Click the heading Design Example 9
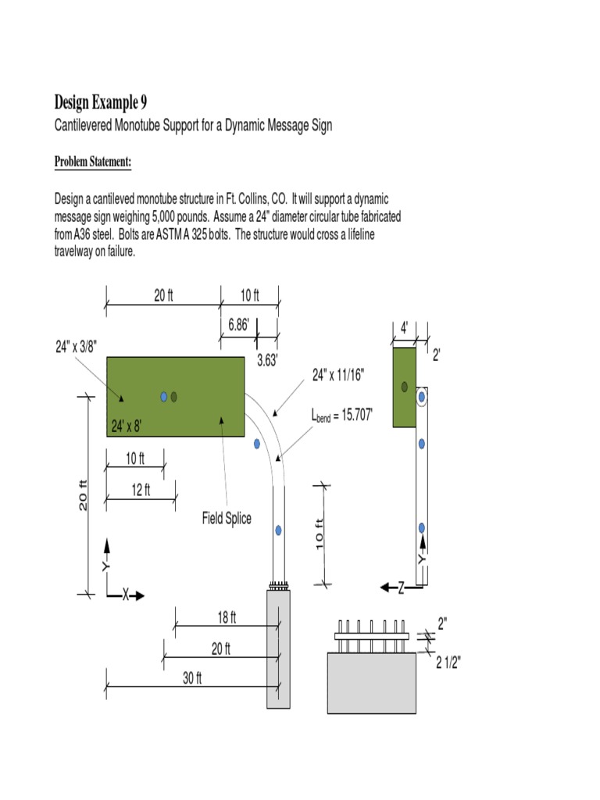tap(100, 102)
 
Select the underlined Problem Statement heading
tap(92, 162)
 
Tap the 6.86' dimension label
tap(238, 325)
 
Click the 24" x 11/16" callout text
tap(338, 375)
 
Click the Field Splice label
tap(227, 518)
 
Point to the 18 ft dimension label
tap(226, 618)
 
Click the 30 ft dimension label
tap(192, 678)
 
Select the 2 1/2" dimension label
tap(448, 663)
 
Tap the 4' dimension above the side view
tap(404, 329)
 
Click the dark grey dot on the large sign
tap(174, 397)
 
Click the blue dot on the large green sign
tap(164, 397)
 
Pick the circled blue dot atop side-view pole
tap(422, 397)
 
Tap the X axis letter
tap(125, 595)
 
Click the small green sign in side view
tap(404, 387)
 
